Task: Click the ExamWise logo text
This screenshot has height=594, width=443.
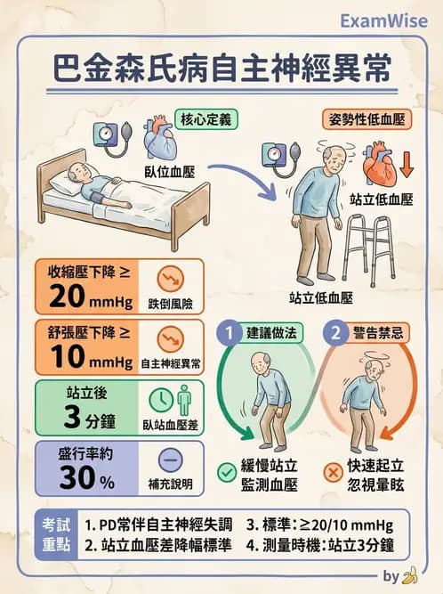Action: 383,20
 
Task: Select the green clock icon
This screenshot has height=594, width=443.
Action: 160,398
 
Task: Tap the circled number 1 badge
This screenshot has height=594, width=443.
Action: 229,334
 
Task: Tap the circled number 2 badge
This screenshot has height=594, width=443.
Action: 335,334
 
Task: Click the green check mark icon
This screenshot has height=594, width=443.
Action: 227,472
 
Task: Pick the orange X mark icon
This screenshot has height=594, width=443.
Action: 333,472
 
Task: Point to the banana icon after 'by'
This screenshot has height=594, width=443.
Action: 410,575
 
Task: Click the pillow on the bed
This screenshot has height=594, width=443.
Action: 68,185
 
